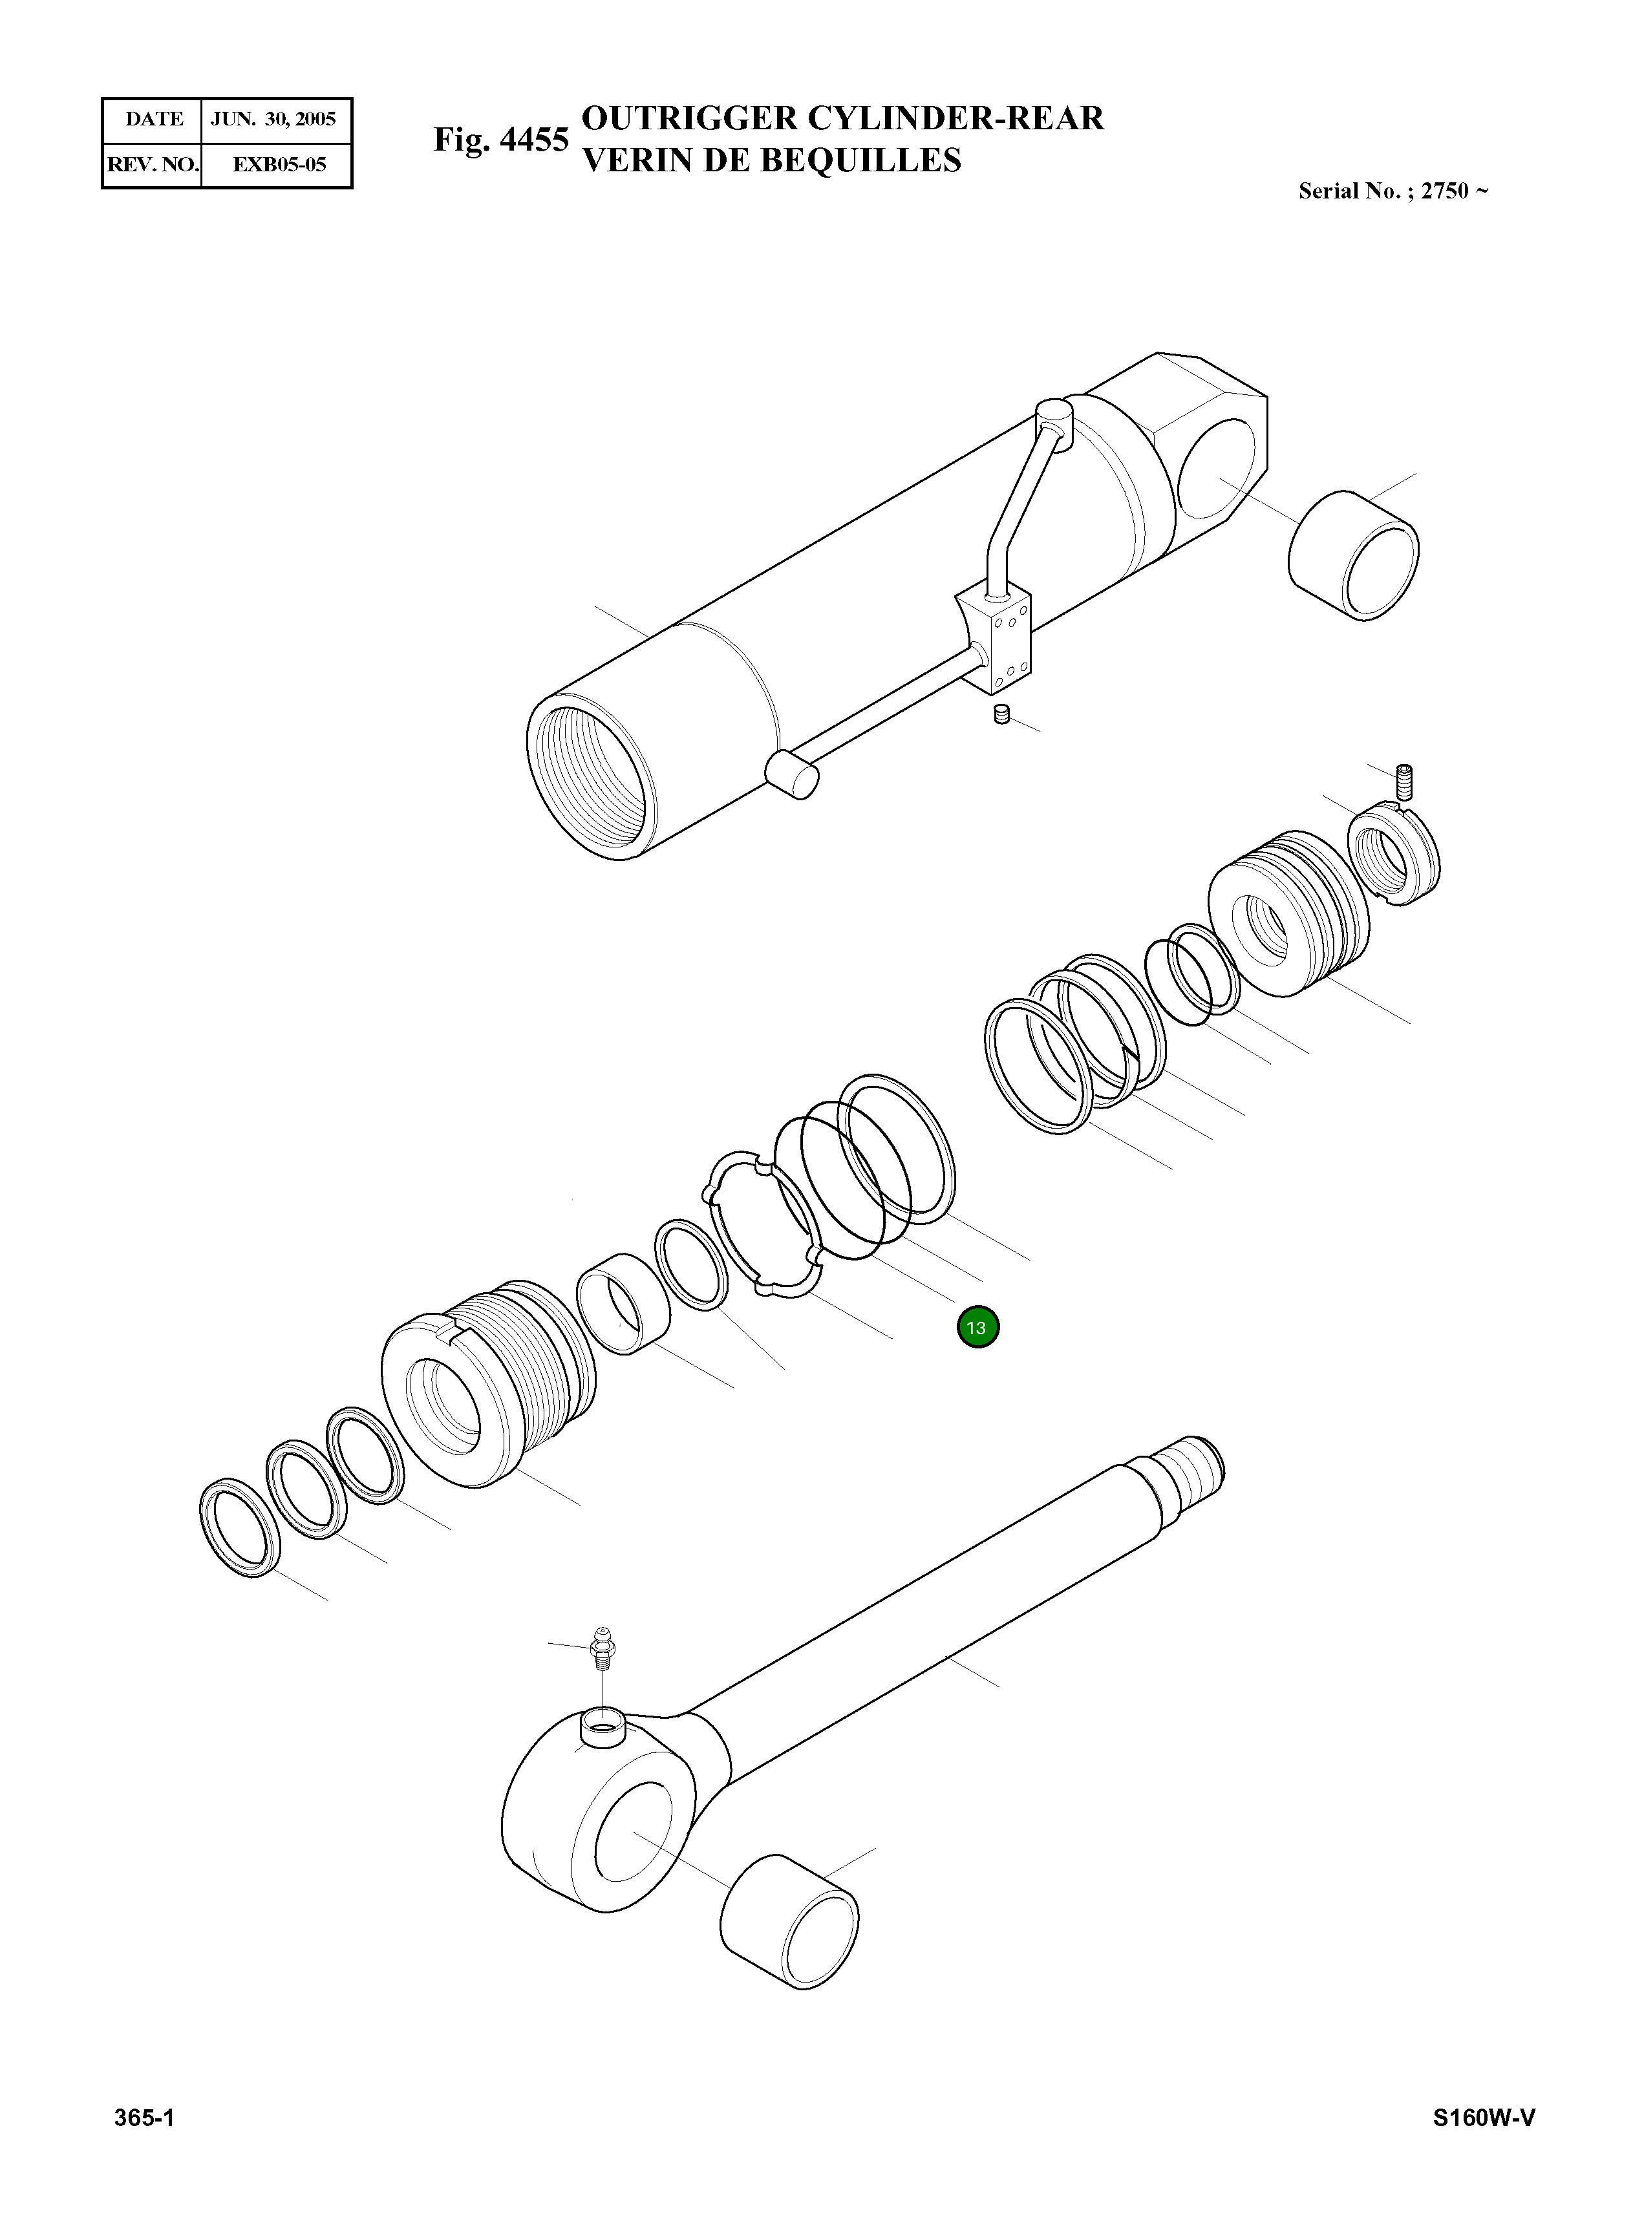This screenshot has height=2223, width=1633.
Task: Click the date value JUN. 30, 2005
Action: tap(274, 120)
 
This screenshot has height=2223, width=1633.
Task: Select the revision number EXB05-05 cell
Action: tap(279, 164)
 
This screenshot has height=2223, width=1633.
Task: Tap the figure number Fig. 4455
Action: tap(501, 140)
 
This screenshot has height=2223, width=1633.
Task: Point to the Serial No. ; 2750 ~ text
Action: tap(1393, 191)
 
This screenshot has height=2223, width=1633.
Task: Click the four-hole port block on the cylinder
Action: tap(998, 641)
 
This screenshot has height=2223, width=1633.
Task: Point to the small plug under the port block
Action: tap(1001, 715)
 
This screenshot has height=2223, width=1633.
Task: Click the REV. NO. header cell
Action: tap(152, 164)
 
